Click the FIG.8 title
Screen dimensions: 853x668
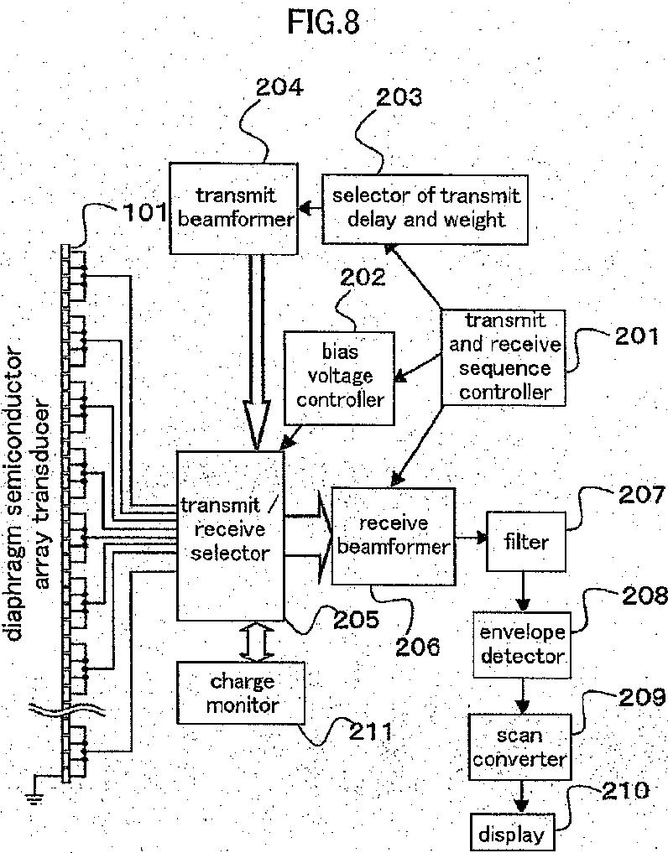(323, 23)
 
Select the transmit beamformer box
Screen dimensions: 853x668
(233, 208)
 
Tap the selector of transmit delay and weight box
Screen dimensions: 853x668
(426, 208)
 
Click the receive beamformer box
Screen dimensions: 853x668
(392, 535)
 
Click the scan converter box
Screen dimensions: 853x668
(519, 747)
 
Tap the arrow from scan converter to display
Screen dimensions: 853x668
(523, 795)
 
